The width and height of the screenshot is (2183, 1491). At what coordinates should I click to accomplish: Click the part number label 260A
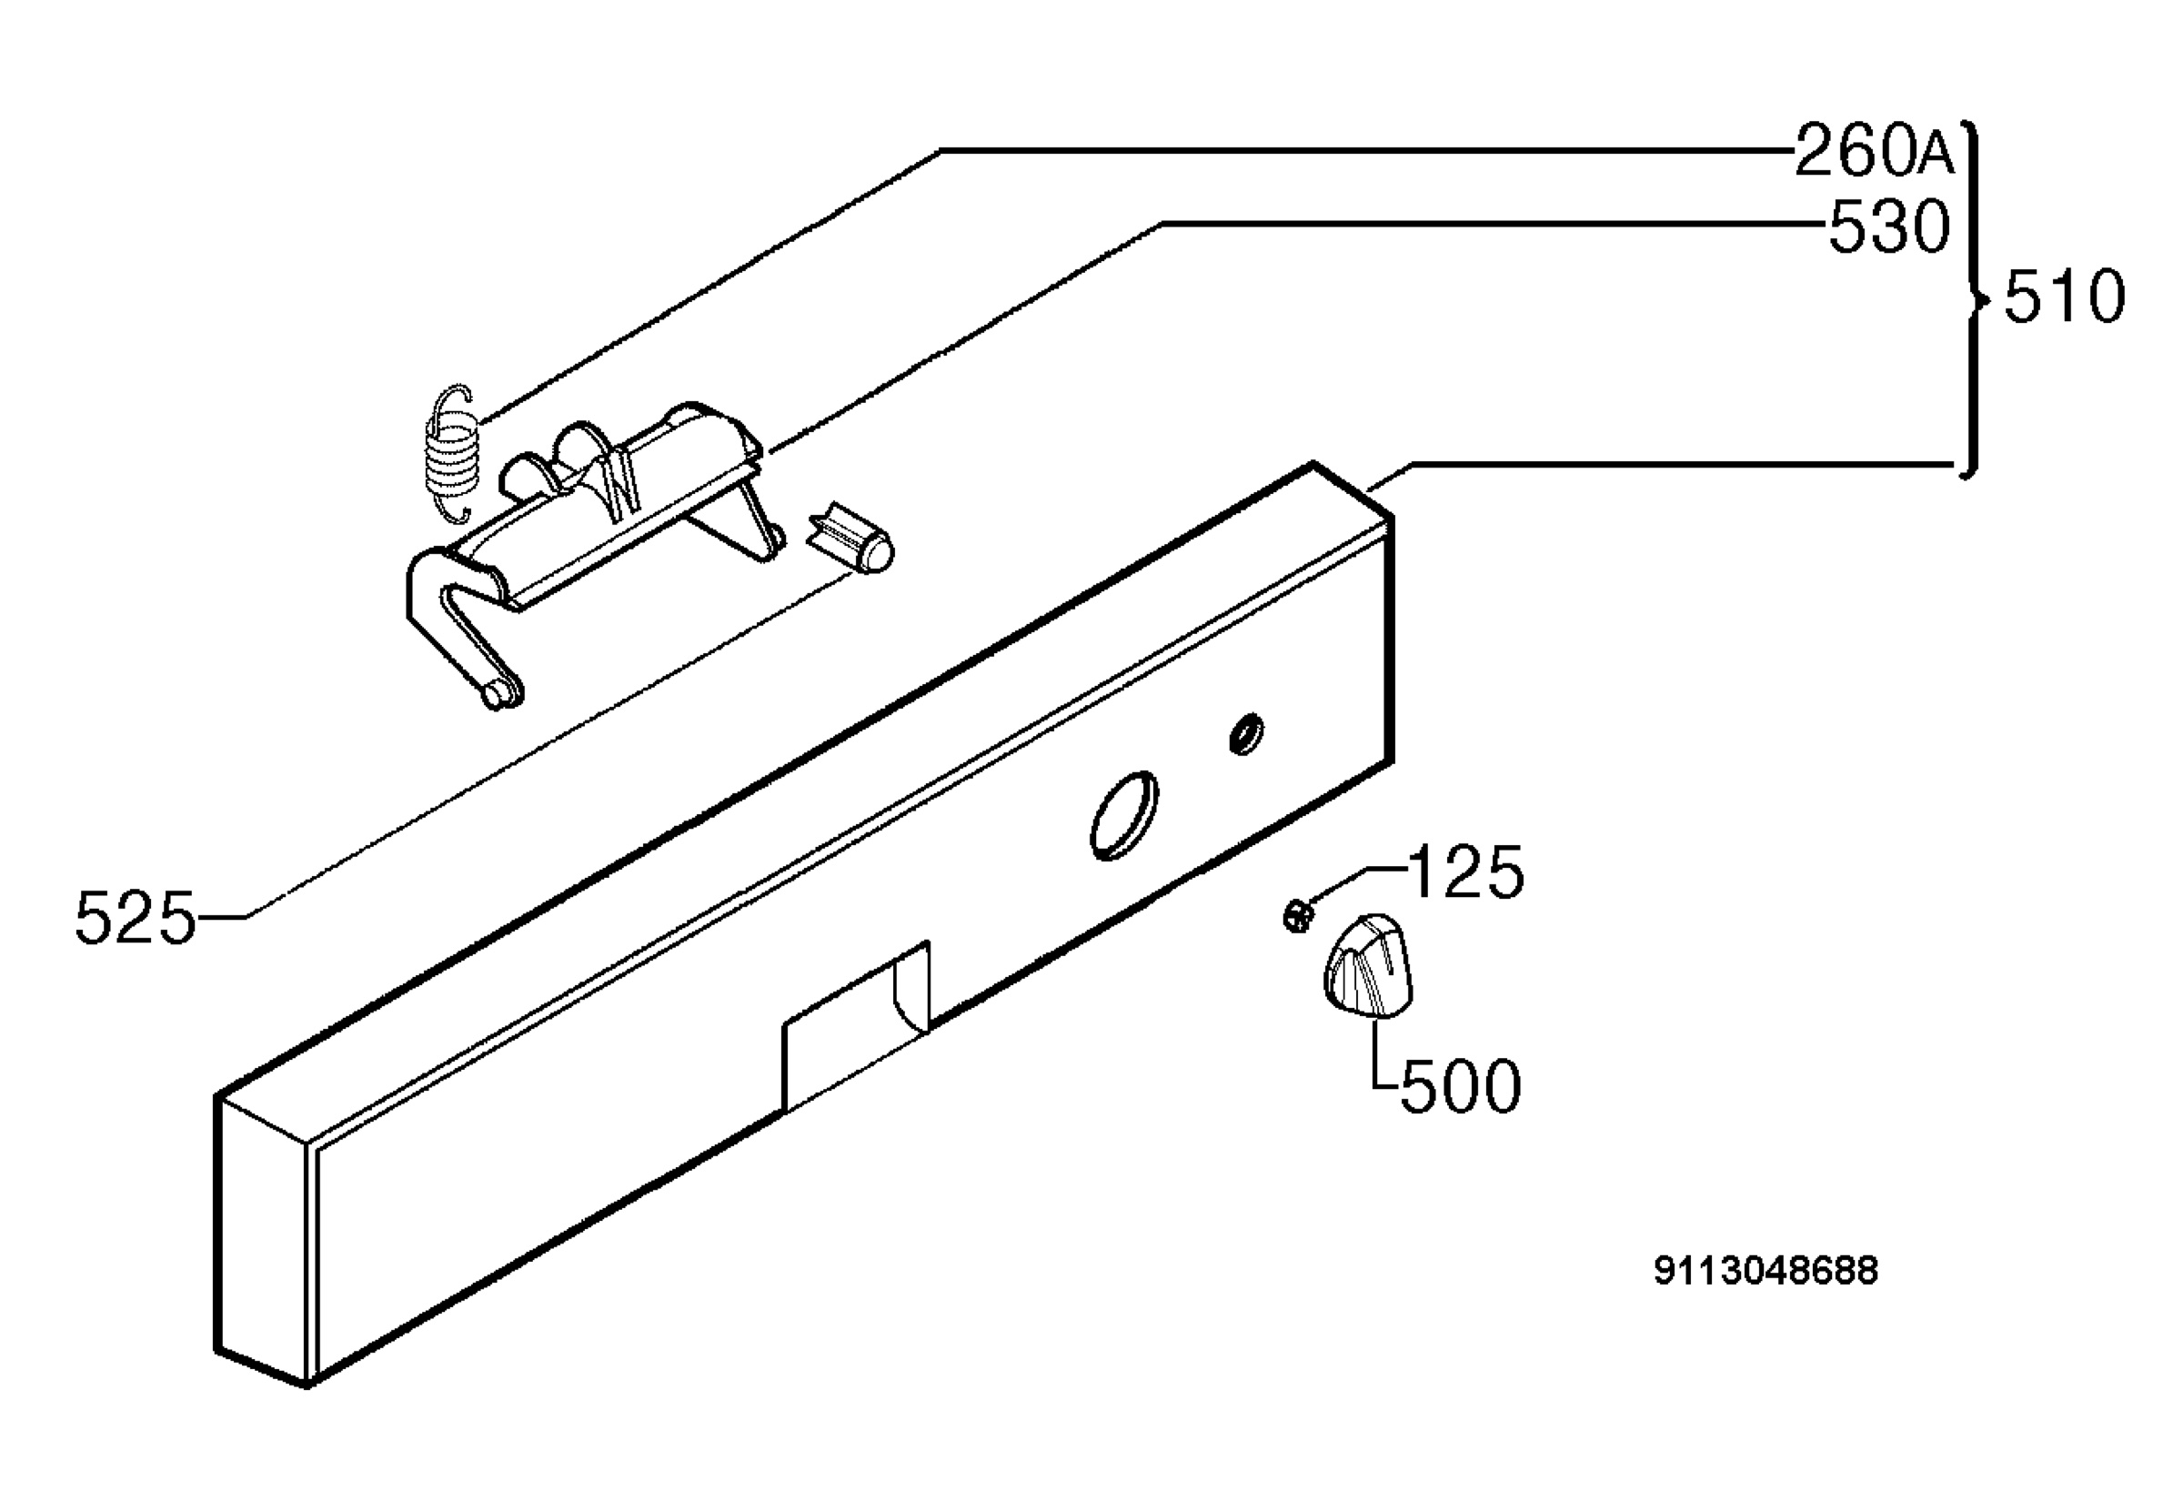(x=1875, y=151)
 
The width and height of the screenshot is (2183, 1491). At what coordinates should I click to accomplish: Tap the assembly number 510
(x=2065, y=297)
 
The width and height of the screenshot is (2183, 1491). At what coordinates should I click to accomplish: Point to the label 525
(x=136, y=918)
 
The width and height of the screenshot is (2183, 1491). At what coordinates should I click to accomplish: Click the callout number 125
(x=1466, y=871)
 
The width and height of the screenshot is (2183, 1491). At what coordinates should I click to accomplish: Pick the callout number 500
(x=1461, y=1087)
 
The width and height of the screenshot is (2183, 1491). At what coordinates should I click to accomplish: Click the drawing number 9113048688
(x=1766, y=1271)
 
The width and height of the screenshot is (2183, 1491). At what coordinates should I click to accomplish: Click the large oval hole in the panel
(x=1123, y=815)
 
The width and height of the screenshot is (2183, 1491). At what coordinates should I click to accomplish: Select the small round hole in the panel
(x=1246, y=734)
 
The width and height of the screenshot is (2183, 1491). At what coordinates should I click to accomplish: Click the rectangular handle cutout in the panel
(x=857, y=1026)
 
